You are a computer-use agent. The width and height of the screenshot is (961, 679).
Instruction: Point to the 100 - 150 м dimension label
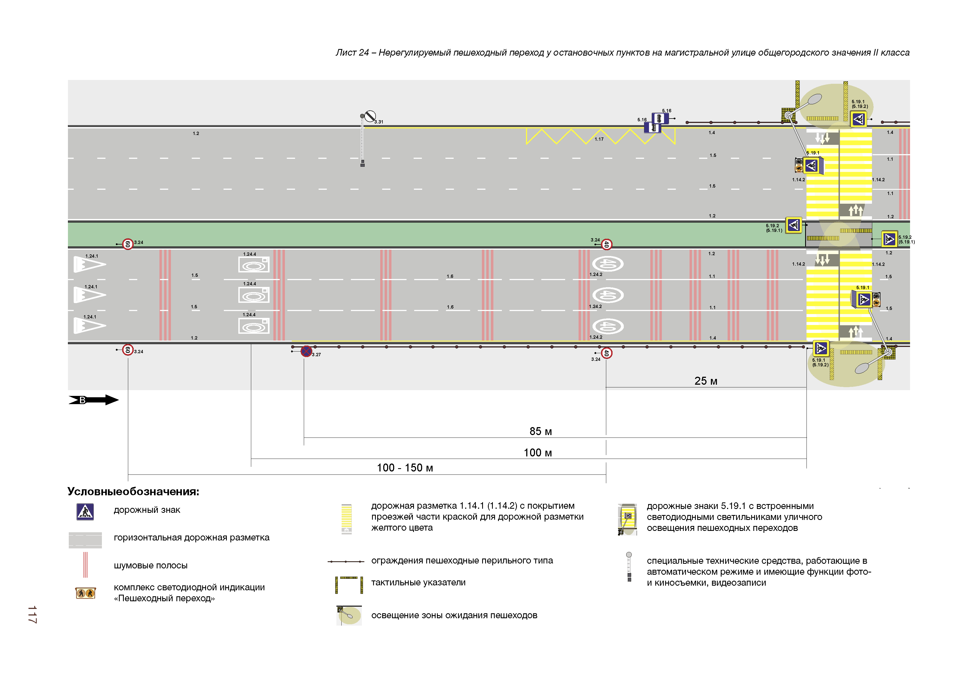coord(405,468)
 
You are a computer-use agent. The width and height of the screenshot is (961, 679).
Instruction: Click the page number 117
coord(32,614)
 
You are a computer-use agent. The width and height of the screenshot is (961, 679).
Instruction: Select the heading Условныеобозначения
coord(133,491)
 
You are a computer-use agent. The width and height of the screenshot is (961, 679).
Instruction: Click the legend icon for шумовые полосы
coord(85,565)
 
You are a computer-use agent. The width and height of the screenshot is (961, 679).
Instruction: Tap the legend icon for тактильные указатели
coord(349,585)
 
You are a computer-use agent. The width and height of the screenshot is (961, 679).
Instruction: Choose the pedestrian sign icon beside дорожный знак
coord(85,511)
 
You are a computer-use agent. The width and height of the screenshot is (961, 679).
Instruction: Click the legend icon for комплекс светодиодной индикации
coord(85,593)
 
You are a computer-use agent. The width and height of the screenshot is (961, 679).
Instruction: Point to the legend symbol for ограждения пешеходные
coord(346,562)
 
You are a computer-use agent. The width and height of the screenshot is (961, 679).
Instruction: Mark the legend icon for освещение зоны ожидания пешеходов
coord(349,615)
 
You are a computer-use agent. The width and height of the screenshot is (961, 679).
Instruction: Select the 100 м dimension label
coord(537,453)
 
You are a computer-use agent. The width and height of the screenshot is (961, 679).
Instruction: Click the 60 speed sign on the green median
coord(128,244)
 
